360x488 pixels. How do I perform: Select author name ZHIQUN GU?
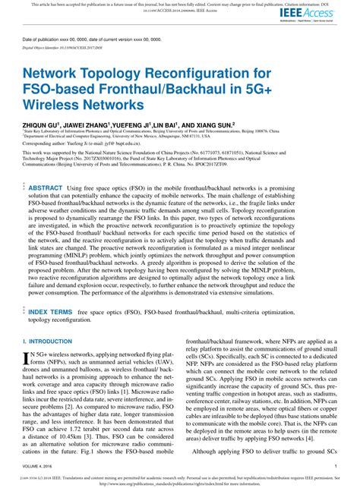pos(43,123)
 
